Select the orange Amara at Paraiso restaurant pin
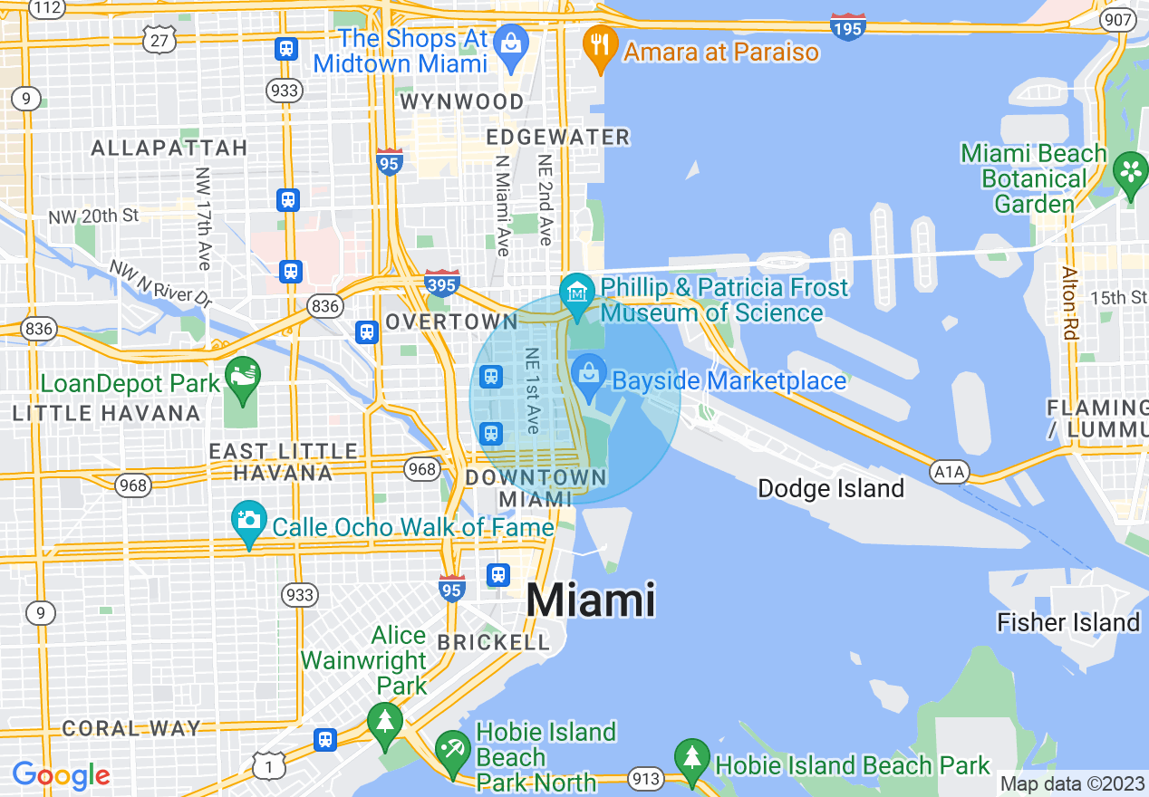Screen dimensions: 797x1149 click(x=599, y=43)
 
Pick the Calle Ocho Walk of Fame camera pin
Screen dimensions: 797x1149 click(x=248, y=522)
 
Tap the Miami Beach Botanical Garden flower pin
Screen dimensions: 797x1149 click(x=1130, y=171)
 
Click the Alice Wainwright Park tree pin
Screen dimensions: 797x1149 click(x=385, y=723)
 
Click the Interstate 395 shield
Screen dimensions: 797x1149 click(x=441, y=283)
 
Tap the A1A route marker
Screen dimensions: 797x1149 click(x=950, y=471)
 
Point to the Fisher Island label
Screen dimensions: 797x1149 click(x=1067, y=622)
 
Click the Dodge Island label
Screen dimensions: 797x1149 click(x=830, y=489)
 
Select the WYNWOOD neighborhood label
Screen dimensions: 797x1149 click(x=462, y=101)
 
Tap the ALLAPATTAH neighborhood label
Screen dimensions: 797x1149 click(x=169, y=148)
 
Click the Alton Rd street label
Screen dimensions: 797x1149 click(x=1070, y=303)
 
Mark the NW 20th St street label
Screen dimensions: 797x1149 click(x=95, y=216)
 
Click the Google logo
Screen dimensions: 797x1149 click(x=61, y=775)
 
